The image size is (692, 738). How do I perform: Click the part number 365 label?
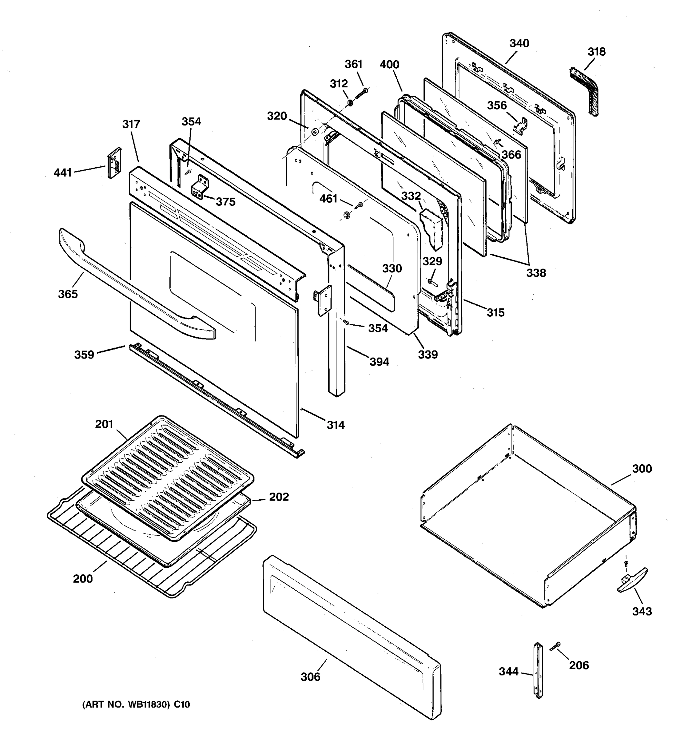click(x=68, y=294)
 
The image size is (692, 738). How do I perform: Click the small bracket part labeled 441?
click(x=114, y=162)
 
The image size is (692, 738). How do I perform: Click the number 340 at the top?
click(x=519, y=43)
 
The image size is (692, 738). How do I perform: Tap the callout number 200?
click(x=83, y=578)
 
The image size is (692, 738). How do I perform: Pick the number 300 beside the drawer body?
click(x=642, y=469)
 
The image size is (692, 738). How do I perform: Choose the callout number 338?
click(x=536, y=273)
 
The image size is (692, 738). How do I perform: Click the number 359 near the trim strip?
click(x=84, y=355)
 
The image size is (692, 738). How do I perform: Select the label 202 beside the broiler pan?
click(x=279, y=497)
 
